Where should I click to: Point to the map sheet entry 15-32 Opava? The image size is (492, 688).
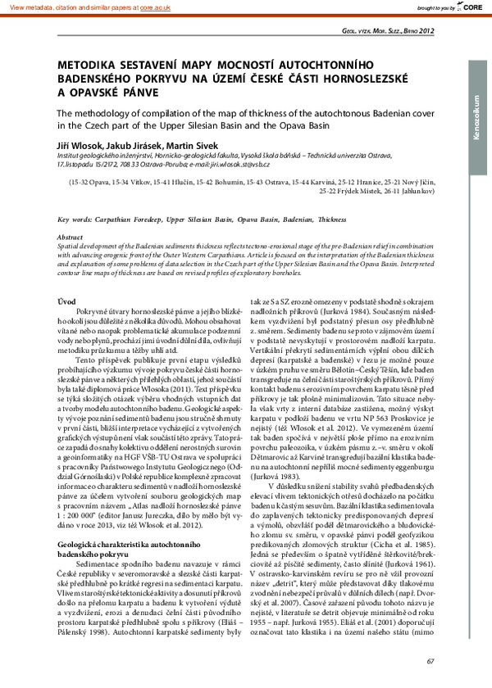click(x=94, y=183)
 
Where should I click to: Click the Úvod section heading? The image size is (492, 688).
click(x=66, y=302)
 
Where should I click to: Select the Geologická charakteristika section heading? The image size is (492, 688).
click(x=116, y=475)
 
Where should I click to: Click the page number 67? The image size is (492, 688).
click(x=430, y=660)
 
